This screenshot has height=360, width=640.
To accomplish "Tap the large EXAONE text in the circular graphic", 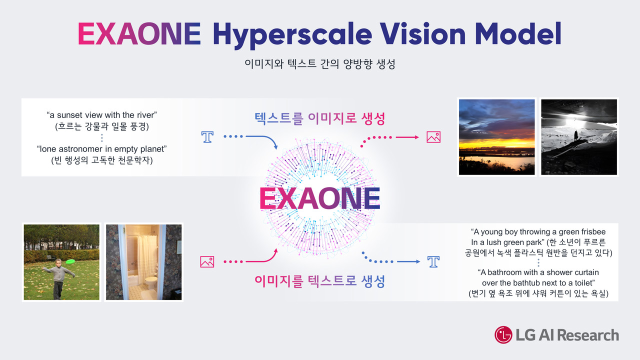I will pyautogui.click(x=319, y=199).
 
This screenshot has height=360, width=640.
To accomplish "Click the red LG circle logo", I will pyautogui.click(x=503, y=335).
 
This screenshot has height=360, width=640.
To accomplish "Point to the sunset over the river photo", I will pyautogui.click(x=496, y=137).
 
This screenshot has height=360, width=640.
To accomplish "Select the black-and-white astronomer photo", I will pyautogui.click(x=579, y=137).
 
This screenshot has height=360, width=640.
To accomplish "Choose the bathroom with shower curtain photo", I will pyautogui.click(x=143, y=262).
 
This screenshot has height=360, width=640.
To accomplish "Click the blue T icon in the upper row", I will pyautogui.click(x=207, y=137).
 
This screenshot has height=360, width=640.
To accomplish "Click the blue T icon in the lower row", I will pyautogui.click(x=433, y=261).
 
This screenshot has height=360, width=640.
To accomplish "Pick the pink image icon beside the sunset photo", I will pyautogui.click(x=433, y=137).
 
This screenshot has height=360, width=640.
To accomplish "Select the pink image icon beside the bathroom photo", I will pyautogui.click(x=207, y=261).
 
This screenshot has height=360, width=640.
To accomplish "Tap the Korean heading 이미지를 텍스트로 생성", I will pyautogui.click(x=319, y=281).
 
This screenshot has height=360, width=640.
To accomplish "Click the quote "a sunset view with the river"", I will pyautogui.click(x=102, y=115).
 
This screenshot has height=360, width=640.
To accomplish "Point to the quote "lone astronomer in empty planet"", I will pyautogui.click(x=102, y=148).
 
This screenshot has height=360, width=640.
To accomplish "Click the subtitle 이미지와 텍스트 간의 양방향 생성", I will pyautogui.click(x=319, y=64).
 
